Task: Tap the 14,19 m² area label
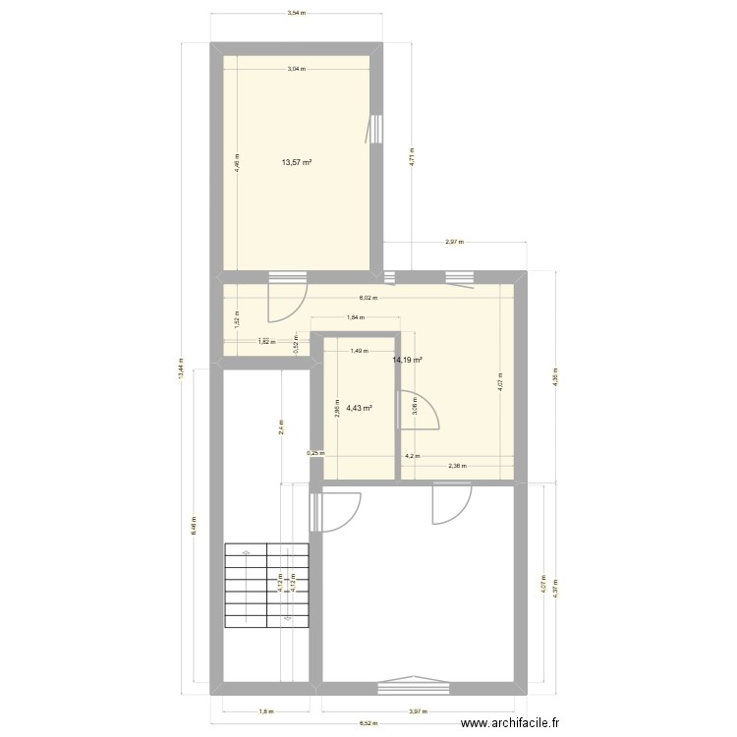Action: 407,361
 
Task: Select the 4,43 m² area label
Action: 359,407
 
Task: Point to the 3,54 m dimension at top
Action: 296,14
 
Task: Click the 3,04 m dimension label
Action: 296,69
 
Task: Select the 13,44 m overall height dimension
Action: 180,369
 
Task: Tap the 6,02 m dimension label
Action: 368,298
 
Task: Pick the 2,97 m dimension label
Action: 454,242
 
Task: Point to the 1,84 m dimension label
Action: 355,317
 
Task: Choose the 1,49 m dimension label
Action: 359,351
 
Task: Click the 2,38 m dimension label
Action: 457,466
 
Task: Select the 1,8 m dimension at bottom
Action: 265,711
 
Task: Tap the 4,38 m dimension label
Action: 555,377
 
